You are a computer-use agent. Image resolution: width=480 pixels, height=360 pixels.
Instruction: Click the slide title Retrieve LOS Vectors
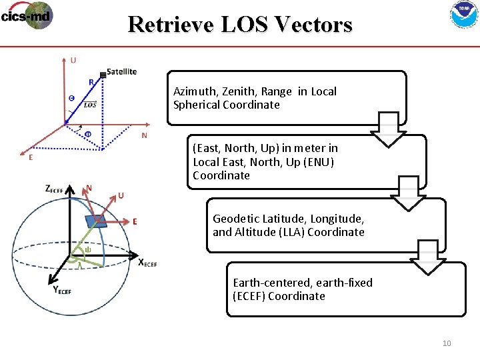click(240, 24)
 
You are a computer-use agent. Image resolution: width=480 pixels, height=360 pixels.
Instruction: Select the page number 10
click(447, 343)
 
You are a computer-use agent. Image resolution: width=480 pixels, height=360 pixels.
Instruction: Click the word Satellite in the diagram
click(122, 71)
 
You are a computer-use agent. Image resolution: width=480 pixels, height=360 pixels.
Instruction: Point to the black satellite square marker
click(102, 74)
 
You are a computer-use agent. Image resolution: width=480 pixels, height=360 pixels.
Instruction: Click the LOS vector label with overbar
click(90, 104)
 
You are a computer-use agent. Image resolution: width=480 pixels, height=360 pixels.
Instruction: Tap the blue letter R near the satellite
click(91, 82)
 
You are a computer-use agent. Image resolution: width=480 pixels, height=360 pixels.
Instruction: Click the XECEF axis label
click(147, 262)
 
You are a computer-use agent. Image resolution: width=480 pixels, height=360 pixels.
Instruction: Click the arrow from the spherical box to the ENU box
click(387, 129)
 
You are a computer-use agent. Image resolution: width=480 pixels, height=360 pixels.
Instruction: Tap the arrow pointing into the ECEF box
click(427, 258)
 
